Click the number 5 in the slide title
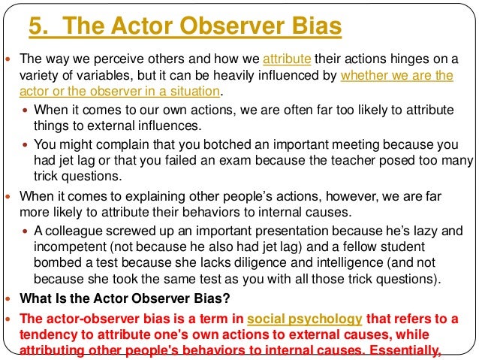pos(35,28)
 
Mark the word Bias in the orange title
pos(315,28)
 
